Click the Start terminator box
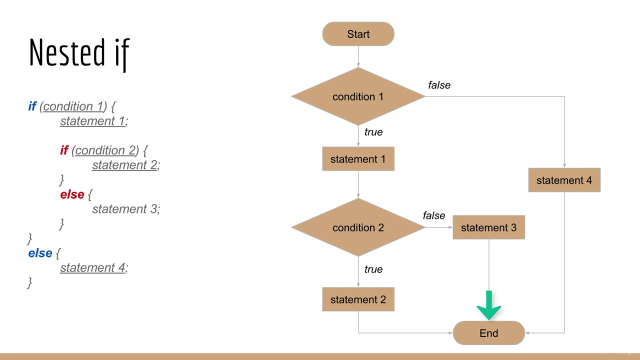click(x=358, y=34)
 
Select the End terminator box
click(x=488, y=333)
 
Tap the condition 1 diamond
click(x=358, y=96)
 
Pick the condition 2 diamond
click(x=358, y=227)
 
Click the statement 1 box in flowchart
click(x=358, y=159)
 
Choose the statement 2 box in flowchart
click(x=358, y=299)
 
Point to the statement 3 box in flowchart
click(x=488, y=227)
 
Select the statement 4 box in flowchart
click(x=564, y=180)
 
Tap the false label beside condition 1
click(x=439, y=85)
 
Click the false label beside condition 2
click(x=433, y=215)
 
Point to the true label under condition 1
click(x=373, y=132)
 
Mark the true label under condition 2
click(x=373, y=269)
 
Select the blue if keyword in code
click(x=32, y=106)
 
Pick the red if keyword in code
click(x=64, y=150)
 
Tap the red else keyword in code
click(x=72, y=194)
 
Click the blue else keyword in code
click(x=40, y=253)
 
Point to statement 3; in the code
click(x=126, y=209)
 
